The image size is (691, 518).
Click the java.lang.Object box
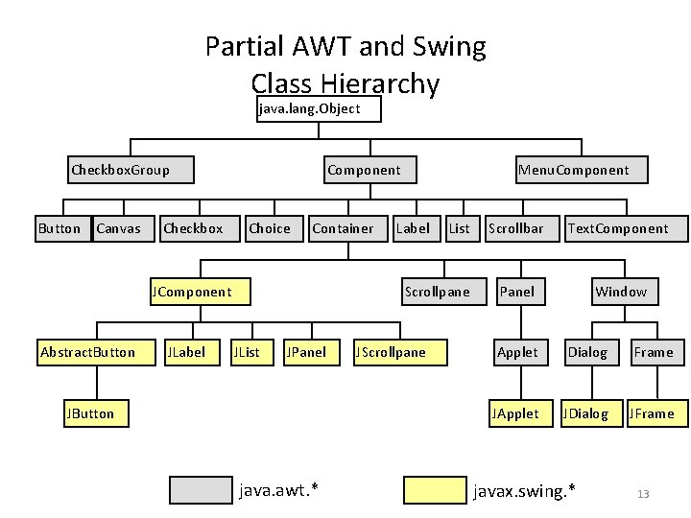tap(320, 109)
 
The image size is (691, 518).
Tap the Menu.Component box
tap(582, 170)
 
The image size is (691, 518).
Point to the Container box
tap(345, 228)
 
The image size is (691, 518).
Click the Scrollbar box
tap(517, 228)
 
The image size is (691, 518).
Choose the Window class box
tap(621, 292)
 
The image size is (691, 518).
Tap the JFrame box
tap(652, 413)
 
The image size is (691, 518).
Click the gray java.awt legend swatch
tap(201, 490)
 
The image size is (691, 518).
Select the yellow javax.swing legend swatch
tap(435, 490)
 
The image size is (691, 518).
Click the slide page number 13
tap(643, 494)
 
